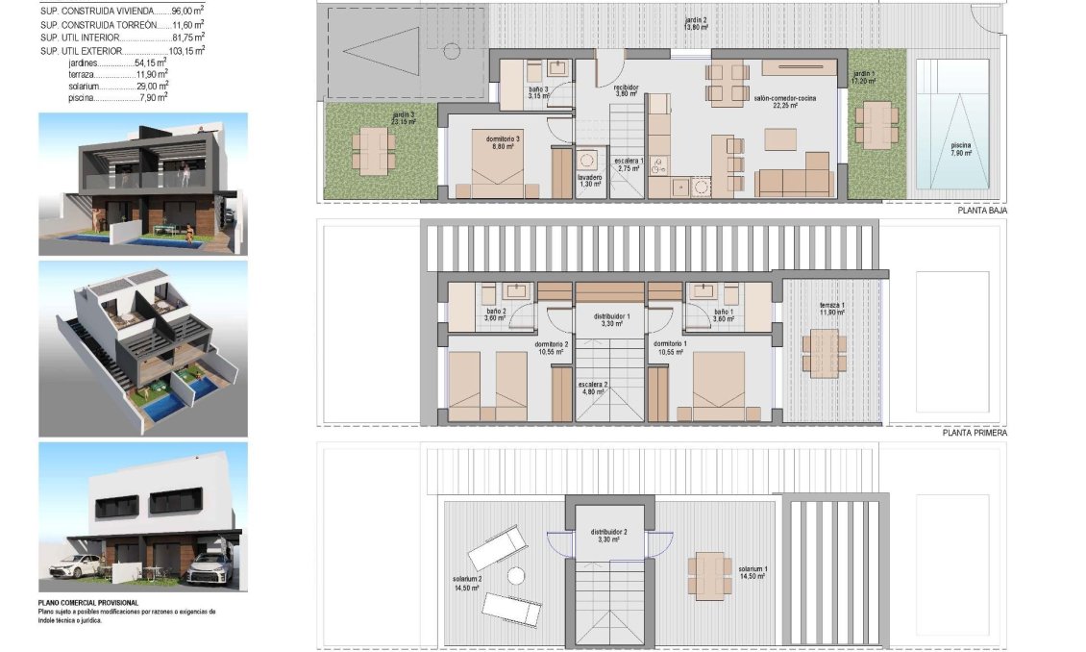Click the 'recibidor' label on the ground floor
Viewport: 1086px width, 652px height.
pyautogui.click(x=627, y=90)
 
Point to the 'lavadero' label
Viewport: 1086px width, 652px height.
pyautogui.click(x=590, y=181)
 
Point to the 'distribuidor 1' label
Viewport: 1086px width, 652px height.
pyautogui.click(x=611, y=320)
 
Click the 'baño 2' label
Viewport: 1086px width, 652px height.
pyautogui.click(x=496, y=315)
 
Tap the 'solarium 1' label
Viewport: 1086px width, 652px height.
pyautogui.click(x=752, y=572)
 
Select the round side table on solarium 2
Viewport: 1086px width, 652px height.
pyautogui.click(x=515, y=575)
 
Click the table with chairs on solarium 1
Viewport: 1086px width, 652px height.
pyautogui.click(x=710, y=575)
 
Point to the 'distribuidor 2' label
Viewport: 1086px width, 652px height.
pyautogui.click(x=611, y=536)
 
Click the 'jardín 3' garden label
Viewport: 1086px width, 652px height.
pyautogui.click(x=404, y=118)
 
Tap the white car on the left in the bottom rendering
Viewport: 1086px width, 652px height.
pyautogui.click(x=74, y=566)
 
